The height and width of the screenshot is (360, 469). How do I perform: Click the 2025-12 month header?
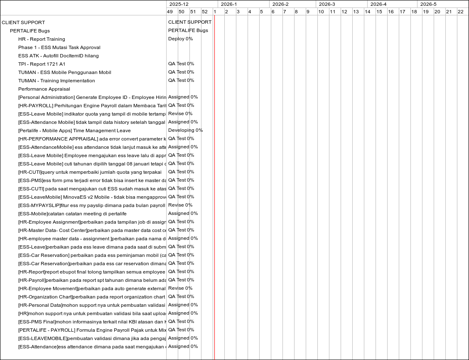point(179,4)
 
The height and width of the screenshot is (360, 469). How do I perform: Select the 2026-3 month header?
point(328,4)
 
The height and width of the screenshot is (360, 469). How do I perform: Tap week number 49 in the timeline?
point(169,12)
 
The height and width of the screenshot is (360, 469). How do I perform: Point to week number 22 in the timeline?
point(460,12)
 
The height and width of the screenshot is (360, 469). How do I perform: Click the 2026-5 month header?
point(428,4)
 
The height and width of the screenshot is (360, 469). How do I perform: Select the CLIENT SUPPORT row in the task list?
point(23,22)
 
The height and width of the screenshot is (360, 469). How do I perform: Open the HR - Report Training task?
point(42,39)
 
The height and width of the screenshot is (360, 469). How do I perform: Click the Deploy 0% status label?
point(180,39)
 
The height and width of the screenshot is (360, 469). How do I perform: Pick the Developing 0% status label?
point(185,130)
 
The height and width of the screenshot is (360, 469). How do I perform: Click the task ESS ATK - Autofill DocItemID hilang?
point(58,56)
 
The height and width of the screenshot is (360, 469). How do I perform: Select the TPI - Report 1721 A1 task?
point(42,64)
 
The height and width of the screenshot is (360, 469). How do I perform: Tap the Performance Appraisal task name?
point(44,89)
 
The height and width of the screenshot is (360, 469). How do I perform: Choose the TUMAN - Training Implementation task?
point(56,81)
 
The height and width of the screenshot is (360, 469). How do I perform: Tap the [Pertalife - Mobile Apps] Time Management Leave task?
point(74,131)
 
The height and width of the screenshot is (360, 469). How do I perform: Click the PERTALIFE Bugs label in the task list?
point(30,31)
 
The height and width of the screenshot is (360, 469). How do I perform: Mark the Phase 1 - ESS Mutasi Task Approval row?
point(59,47)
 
